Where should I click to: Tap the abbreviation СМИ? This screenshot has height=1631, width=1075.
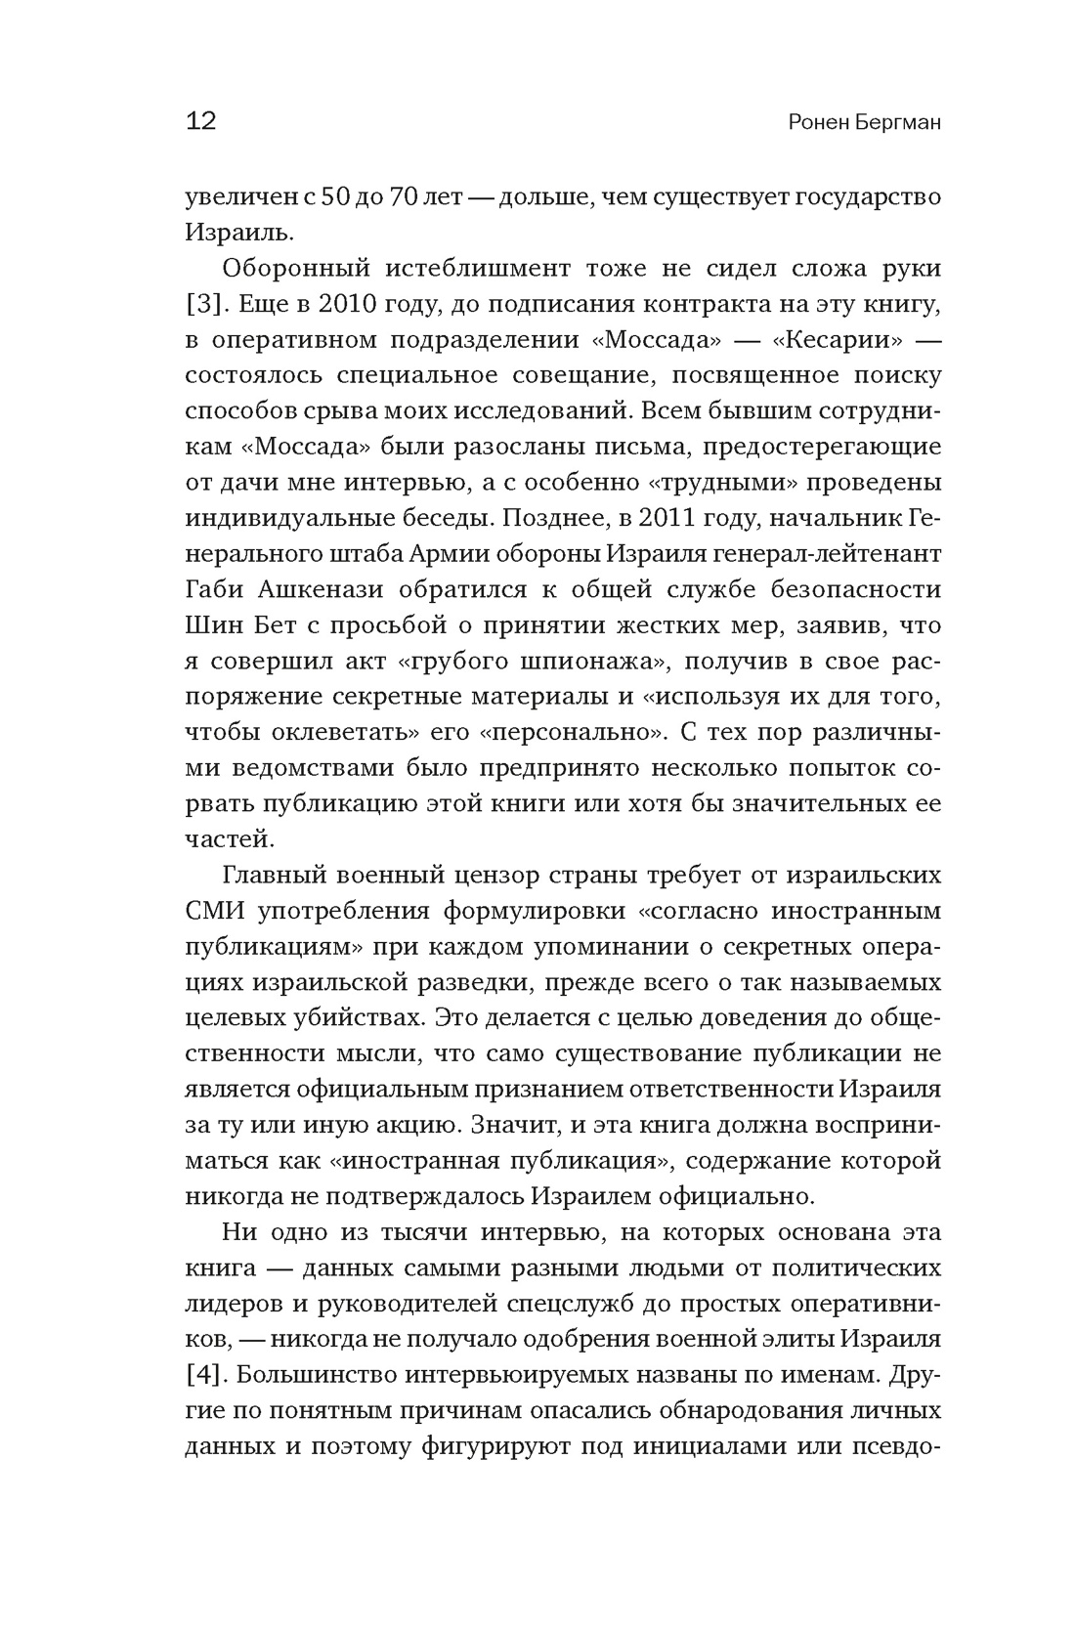[214, 911]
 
